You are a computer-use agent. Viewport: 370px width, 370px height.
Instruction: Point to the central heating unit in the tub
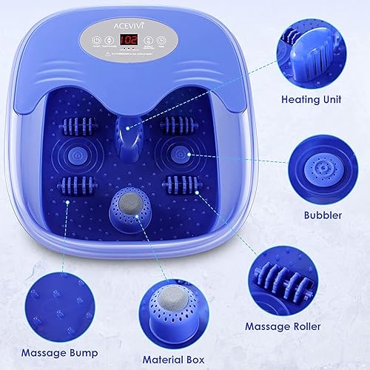click(x=131, y=133)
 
